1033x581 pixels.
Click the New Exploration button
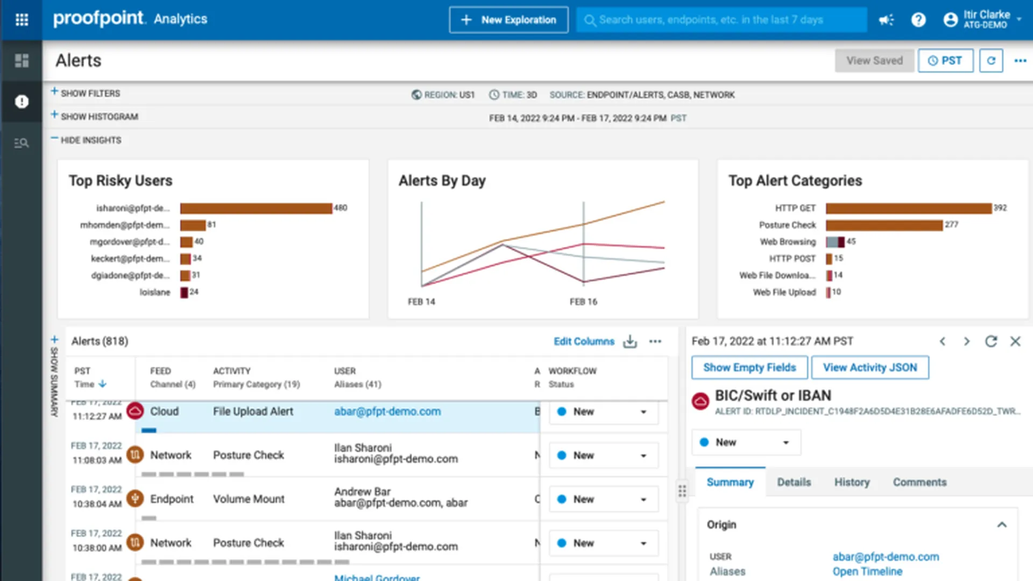tap(508, 20)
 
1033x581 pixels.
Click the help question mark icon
tap(918, 20)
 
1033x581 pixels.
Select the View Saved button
tap(874, 61)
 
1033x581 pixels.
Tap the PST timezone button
tap(945, 61)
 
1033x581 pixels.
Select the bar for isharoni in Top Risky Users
tap(256, 208)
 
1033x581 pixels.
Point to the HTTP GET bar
tap(908, 208)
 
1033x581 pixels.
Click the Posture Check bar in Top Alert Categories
tap(884, 225)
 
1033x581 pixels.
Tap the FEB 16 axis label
tap(583, 302)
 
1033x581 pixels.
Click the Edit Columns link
tap(584, 342)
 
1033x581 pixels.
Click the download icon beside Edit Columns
tap(630, 342)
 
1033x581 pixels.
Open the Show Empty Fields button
tap(749, 367)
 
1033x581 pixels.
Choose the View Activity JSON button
tap(869, 367)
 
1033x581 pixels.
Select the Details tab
tap(794, 482)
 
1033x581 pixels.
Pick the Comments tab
tap(919, 482)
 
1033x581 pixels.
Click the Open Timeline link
tap(867, 571)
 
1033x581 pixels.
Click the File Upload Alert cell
tap(253, 412)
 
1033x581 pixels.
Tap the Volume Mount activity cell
tap(249, 499)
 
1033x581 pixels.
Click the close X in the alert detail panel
tap(1015, 342)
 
